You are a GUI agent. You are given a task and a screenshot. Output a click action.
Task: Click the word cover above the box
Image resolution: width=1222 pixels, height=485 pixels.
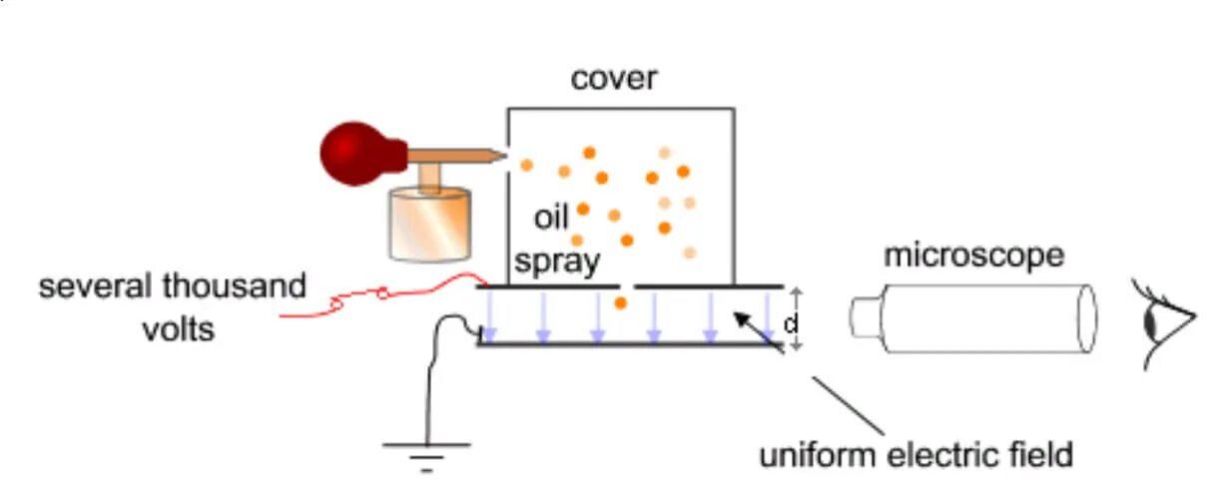(614, 78)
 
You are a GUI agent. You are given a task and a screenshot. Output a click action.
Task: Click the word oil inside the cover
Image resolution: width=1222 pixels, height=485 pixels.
(550, 218)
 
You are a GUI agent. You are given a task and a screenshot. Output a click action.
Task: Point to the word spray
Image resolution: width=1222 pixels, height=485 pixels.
(557, 261)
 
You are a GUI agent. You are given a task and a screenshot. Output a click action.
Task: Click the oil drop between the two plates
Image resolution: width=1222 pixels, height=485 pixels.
(621, 302)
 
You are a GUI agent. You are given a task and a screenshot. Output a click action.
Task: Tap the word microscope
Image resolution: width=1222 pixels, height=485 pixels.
(973, 255)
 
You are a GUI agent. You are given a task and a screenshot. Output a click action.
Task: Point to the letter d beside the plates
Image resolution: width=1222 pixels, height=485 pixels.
(791, 324)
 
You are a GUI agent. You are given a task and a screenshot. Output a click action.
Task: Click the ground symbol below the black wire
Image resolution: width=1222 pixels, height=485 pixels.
(427, 454)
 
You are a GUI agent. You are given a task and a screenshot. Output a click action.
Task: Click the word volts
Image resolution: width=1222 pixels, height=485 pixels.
(178, 327)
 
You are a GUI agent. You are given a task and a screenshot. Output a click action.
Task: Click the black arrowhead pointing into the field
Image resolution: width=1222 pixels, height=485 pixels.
(740, 318)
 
